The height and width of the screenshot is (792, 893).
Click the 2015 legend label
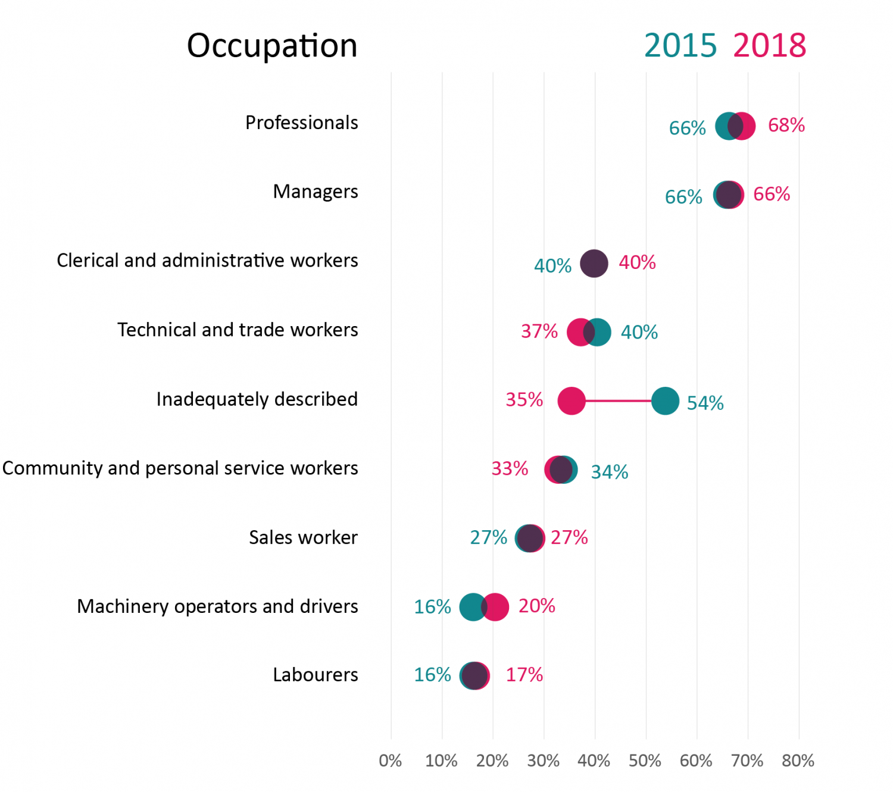point(680,45)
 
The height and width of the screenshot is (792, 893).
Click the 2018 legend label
point(769,45)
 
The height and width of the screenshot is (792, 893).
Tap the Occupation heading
point(272,45)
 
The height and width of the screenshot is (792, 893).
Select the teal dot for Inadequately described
point(665,401)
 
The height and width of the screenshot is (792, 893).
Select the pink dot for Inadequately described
point(572,401)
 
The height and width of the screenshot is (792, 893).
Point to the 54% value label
point(705,403)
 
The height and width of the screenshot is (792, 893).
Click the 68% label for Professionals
point(786,125)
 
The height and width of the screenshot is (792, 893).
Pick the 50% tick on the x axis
point(645,760)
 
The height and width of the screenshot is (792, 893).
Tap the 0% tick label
point(391,760)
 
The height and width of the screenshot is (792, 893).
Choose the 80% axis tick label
point(798,760)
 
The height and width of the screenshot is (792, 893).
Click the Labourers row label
point(316,675)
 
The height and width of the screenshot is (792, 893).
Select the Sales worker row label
point(303,537)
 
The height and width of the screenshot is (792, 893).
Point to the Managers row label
point(316,192)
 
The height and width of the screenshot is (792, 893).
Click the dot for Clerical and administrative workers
point(594,263)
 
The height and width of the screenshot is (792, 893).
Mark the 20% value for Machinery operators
point(536,606)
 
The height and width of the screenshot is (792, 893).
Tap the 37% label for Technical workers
point(539,331)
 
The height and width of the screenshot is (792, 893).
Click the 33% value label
point(510,469)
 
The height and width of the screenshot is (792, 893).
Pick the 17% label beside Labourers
point(524,675)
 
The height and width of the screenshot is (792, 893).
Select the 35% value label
point(524,399)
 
